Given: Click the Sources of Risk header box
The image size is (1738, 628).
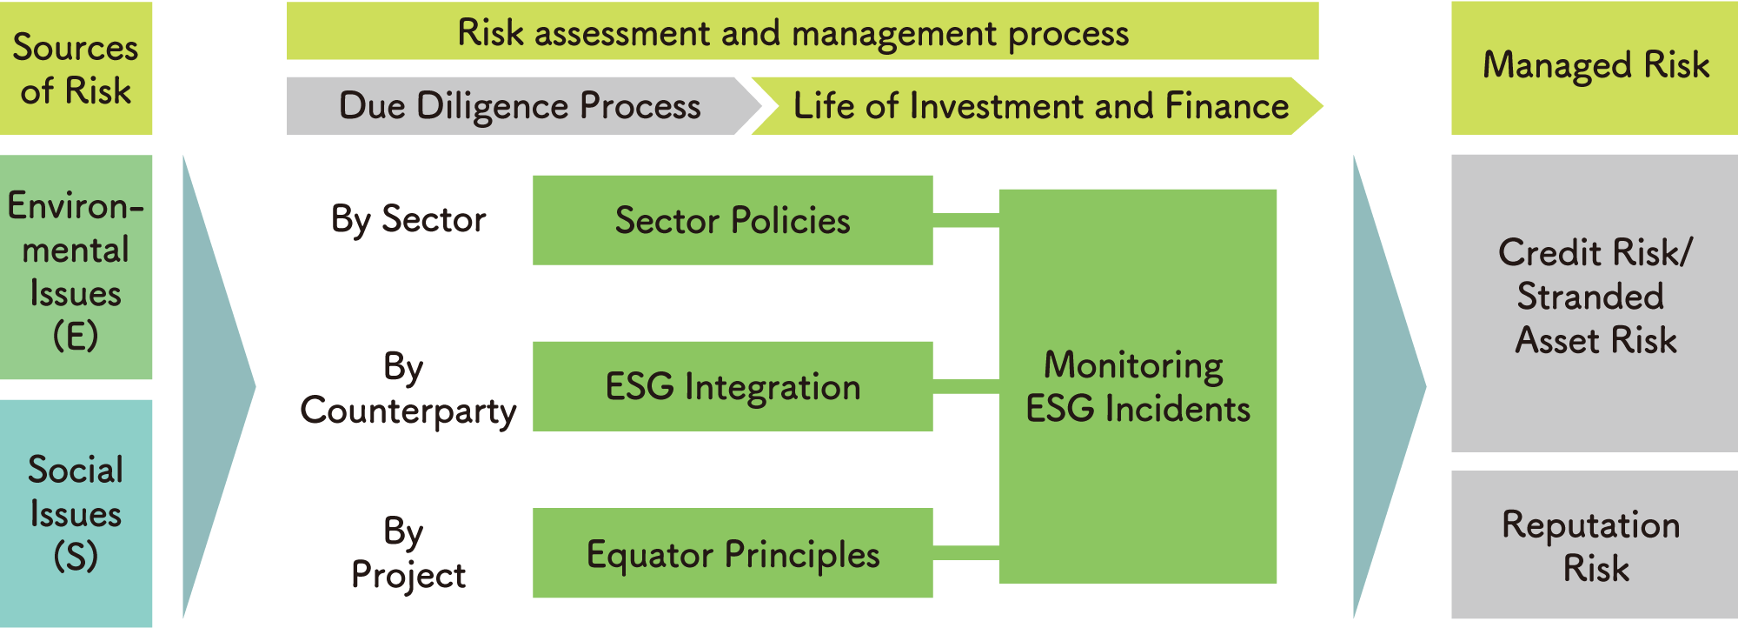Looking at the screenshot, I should (x=76, y=68).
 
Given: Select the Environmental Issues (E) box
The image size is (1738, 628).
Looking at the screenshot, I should (x=76, y=267).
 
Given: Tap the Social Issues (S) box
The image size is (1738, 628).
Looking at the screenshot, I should (x=76, y=513).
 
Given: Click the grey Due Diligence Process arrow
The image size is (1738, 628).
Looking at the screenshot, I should (x=519, y=106).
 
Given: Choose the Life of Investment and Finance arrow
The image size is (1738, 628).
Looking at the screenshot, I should (x=1038, y=106).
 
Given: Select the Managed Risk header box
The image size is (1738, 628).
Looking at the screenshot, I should (x=1595, y=67).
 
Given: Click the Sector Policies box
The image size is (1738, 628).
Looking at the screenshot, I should (x=732, y=220).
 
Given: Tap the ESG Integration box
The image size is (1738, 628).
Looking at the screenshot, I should (x=732, y=386).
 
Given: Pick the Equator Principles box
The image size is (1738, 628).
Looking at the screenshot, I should (x=732, y=553).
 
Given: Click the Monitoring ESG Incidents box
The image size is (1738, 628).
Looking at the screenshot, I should (x=1137, y=386).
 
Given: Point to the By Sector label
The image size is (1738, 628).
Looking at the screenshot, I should (x=408, y=220).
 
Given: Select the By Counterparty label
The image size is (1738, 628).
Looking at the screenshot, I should (x=408, y=389).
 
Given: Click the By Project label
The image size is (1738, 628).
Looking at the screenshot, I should (x=408, y=553).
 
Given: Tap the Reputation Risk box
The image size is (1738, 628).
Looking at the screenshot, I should (x=1595, y=545).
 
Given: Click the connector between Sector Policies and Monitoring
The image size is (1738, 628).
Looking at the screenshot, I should (x=965, y=220).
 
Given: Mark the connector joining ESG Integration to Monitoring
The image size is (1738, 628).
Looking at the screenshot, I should (x=965, y=386).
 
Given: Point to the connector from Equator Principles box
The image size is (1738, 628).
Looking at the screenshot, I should (x=965, y=553).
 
